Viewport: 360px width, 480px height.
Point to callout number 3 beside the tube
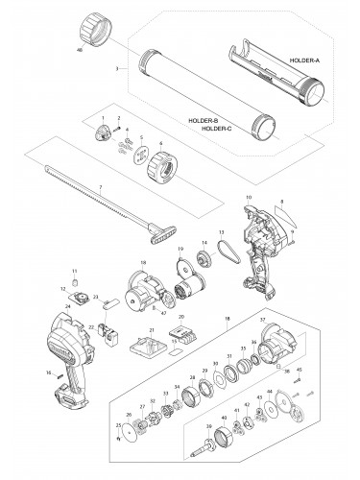pos(115,69)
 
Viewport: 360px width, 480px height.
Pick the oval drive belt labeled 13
pos(228,252)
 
